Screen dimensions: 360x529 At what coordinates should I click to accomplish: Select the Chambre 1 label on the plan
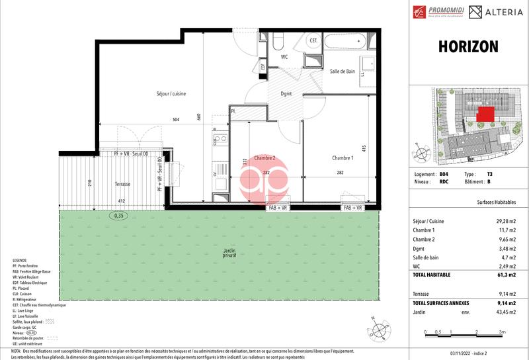pos(343,157)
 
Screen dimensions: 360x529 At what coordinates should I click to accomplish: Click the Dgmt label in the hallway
pos(286,94)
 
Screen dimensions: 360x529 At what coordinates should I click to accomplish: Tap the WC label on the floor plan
pos(284,57)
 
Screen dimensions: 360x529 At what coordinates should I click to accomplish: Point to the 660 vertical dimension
pos(199,117)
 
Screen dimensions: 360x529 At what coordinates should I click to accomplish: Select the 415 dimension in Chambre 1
pos(364,149)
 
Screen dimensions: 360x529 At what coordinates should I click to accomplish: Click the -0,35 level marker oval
pos(119,215)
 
